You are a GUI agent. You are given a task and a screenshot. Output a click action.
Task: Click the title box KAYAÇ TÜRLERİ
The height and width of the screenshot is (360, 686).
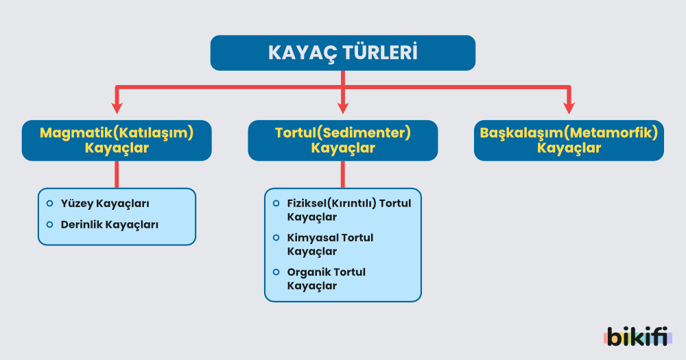click(342, 53)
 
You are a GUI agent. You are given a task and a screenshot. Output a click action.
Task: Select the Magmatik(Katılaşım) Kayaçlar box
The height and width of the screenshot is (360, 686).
click(117, 141)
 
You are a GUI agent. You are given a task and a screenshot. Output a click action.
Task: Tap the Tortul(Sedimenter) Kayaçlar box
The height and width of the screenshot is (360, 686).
click(342, 141)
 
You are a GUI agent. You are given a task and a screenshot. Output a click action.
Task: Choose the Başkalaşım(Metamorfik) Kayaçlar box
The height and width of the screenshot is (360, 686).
click(569, 141)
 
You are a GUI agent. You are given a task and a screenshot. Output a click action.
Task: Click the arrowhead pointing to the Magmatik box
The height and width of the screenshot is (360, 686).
click(117, 108)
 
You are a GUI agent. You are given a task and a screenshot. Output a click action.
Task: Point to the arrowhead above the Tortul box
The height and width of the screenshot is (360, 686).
click(342, 108)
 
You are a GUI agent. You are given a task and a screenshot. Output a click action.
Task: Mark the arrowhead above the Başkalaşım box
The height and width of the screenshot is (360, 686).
click(569, 108)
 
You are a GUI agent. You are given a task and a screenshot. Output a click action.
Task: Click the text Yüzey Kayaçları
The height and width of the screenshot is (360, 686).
click(105, 204)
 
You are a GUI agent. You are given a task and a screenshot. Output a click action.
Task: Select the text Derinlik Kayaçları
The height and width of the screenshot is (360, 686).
click(110, 224)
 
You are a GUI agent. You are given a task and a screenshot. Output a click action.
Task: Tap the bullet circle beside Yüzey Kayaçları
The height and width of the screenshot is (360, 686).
click(49, 204)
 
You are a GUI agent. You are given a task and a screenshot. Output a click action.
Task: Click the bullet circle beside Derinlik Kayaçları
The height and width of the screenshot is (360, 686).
click(49, 224)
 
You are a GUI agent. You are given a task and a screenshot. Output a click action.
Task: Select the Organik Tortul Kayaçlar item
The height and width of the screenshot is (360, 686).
click(327, 278)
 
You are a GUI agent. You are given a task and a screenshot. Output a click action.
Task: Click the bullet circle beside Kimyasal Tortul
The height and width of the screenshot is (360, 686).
click(276, 237)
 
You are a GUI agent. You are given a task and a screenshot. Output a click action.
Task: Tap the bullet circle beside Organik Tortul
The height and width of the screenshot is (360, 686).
click(276, 272)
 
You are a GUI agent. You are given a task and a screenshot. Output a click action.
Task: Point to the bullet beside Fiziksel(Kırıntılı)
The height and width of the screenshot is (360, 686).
click(276, 203)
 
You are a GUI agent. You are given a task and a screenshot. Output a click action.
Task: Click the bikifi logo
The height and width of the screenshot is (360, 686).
click(637, 337)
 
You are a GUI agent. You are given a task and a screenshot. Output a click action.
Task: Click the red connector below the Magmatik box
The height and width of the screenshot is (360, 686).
click(117, 174)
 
